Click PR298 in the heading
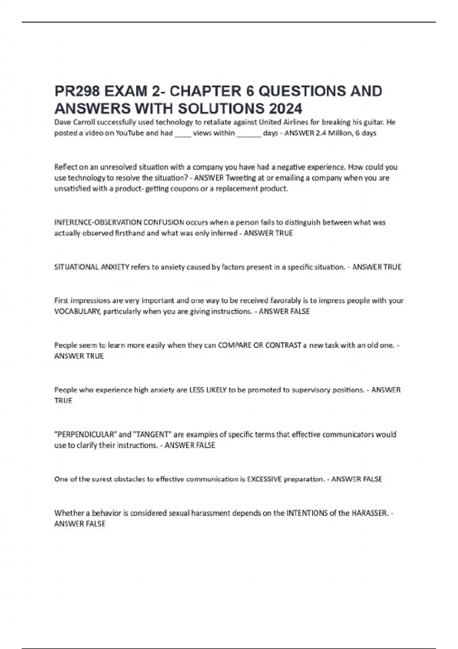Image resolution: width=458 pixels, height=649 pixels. [77, 91]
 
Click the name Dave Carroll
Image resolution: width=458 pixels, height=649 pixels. [74, 122]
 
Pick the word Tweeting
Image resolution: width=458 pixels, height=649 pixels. [241, 178]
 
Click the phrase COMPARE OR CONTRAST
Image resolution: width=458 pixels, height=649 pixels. [260, 345]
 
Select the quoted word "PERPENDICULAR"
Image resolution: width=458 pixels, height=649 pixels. [85, 434]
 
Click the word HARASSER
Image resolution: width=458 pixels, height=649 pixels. [369, 513]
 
